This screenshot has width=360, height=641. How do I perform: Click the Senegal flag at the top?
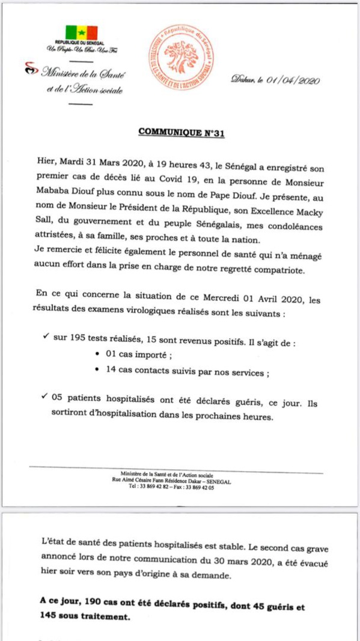coord(81,32)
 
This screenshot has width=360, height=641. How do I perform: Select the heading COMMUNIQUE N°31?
coord(182,133)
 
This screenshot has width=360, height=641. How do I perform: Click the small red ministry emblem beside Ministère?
coord(30,71)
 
